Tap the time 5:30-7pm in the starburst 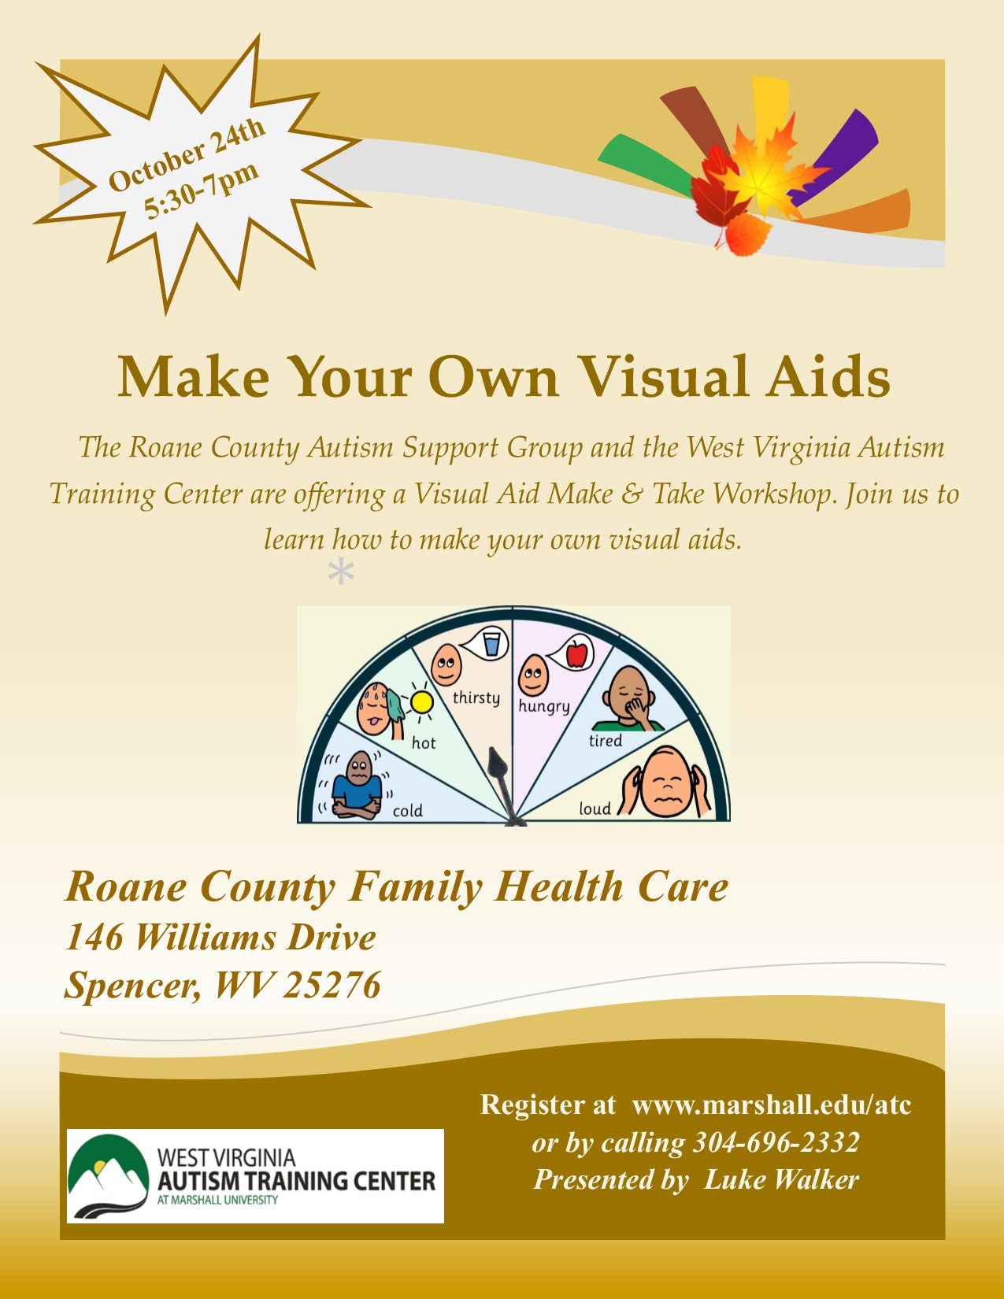(202, 190)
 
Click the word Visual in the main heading (665, 376)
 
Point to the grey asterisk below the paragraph (341, 572)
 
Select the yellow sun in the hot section (421, 703)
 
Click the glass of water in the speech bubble (491, 644)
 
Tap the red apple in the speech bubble (576, 653)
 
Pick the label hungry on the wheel (543, 707)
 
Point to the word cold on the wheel (408, 811)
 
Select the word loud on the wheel (595, 809)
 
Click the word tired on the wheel (606, 741)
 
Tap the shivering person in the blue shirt (358, 784)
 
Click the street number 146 (94, 937)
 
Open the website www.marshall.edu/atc (772, 1105)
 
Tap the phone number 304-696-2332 (776, 1143)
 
